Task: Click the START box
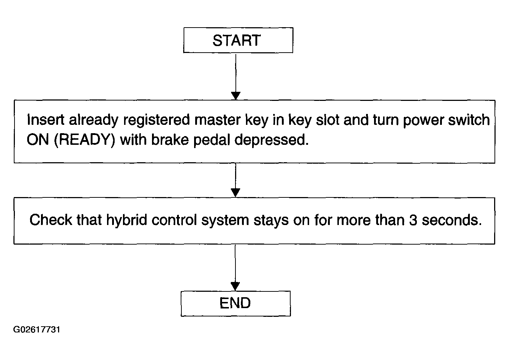238,40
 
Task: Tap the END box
236,303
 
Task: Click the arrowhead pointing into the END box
235,286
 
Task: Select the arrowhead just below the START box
236,96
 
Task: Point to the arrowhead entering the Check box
235,193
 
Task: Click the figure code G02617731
37,330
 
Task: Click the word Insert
45,120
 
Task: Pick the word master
217,120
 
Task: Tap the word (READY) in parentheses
85,140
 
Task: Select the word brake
170,139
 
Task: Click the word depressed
271,139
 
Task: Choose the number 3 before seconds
413,220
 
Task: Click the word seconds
452,220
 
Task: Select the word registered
156,120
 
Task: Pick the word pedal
212,140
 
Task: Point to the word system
225,221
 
